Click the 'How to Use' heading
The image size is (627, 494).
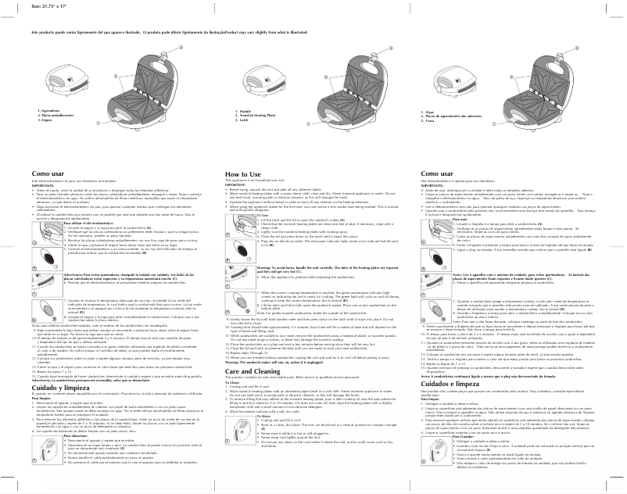pyautogui.click(x=242, y=174)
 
